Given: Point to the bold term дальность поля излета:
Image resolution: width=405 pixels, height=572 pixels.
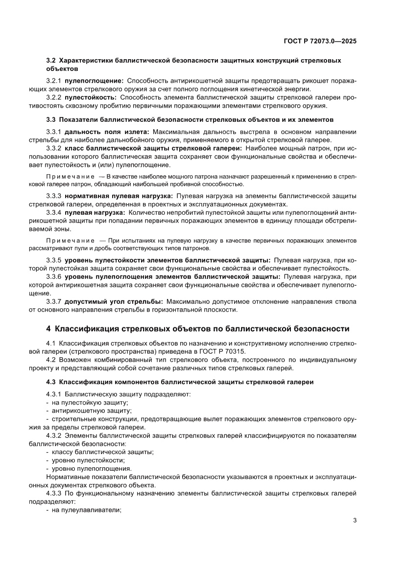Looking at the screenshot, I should pos(107,132).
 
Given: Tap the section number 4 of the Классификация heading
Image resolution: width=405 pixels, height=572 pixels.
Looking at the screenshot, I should pos(48,328).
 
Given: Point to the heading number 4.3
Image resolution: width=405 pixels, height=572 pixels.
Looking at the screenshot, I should pos(51,381).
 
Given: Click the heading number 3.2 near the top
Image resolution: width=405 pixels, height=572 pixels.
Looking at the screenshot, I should pos(51,60).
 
